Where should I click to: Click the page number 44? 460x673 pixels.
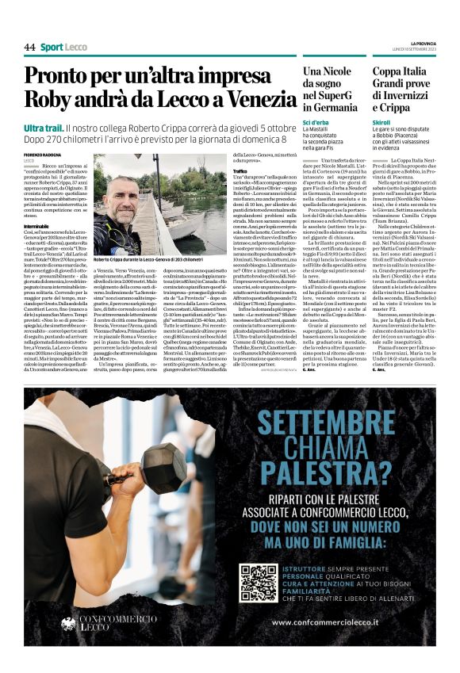(x=29, y=48)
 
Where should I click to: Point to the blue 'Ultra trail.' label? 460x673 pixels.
(x=43, y=128)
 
